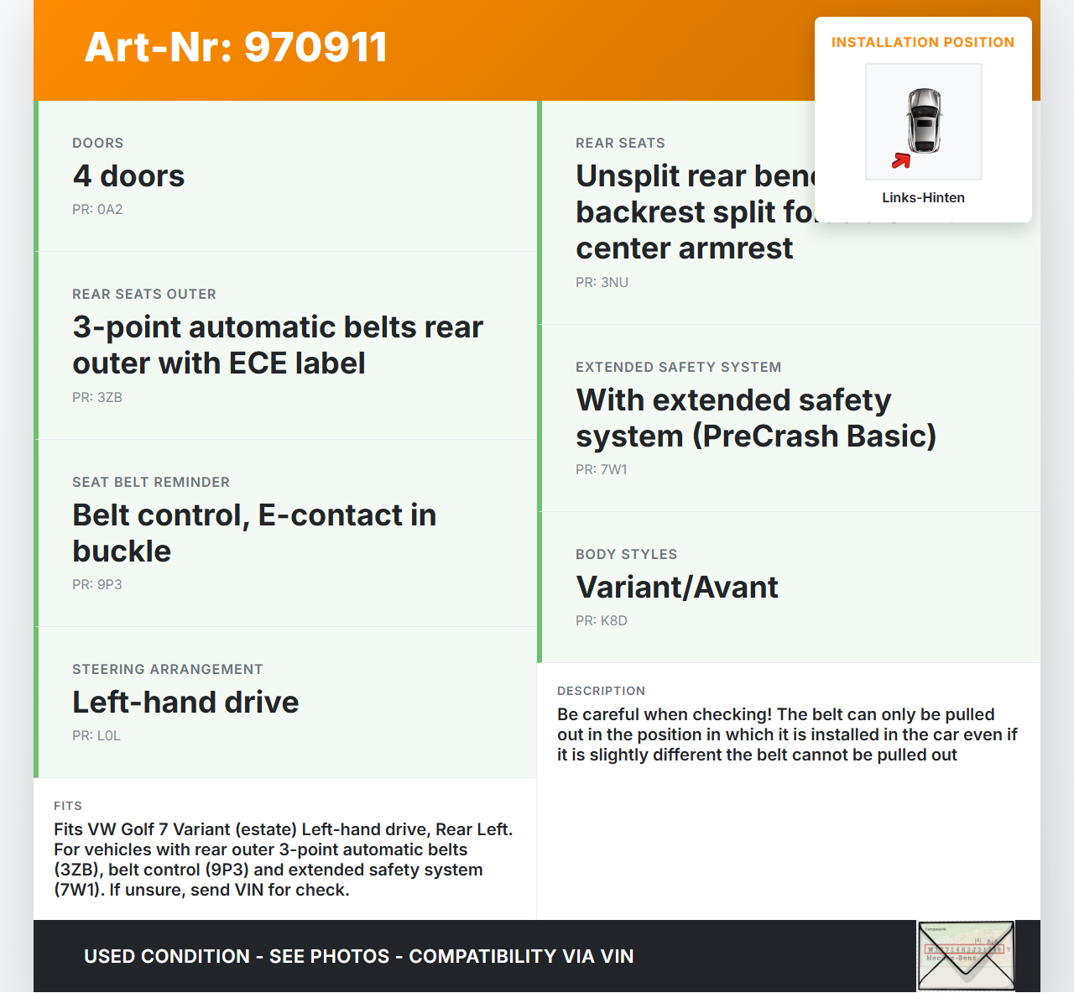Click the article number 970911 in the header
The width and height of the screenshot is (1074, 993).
click(x=315, y=47)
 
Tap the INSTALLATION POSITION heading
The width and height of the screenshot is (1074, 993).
click(x=922, y=43)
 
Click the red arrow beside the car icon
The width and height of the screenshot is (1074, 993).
click(x=901, y=160)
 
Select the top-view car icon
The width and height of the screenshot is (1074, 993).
click(x=925, y=120)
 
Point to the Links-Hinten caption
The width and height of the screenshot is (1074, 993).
click(x=923, y=198)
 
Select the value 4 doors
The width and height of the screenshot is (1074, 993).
click(x=128, y=176)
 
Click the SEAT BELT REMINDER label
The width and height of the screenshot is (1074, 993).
click(x=151, y=483)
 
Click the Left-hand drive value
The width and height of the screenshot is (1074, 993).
click(x=185, y=703)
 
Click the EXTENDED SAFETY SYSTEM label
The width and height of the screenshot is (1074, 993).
click(x=678, y=368)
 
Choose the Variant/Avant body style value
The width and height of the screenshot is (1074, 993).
click(x=677, y=588)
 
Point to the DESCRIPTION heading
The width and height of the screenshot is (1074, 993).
click(x=601, y=692)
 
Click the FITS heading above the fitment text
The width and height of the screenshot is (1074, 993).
click(x=68, y=807)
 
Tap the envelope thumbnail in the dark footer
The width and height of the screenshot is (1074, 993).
click(x=966, y=956)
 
